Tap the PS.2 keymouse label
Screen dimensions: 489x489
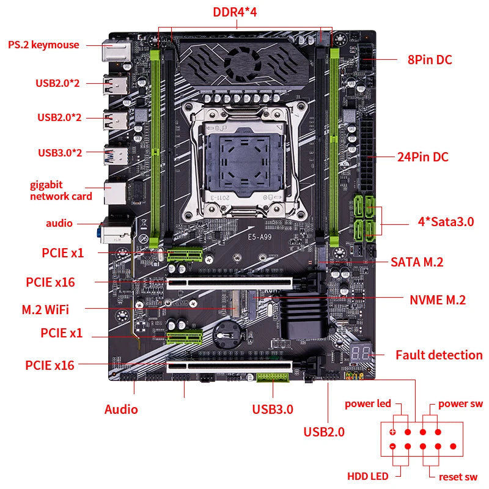click(x=43, y=45)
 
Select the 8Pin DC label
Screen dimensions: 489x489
click(x=430, y=60)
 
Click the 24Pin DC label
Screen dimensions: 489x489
click(x=422, y=156)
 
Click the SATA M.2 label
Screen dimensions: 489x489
click(x=417, y=262)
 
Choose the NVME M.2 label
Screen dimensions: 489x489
click(x=437, y=300)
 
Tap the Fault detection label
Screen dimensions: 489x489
click(x=438, y=355)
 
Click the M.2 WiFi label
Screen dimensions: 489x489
click(x=45, y=309)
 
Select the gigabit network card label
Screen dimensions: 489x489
click(x=61, y=190)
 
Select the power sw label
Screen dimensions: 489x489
click(x=460, y=403)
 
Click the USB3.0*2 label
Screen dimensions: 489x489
click(x=59, y=152)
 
